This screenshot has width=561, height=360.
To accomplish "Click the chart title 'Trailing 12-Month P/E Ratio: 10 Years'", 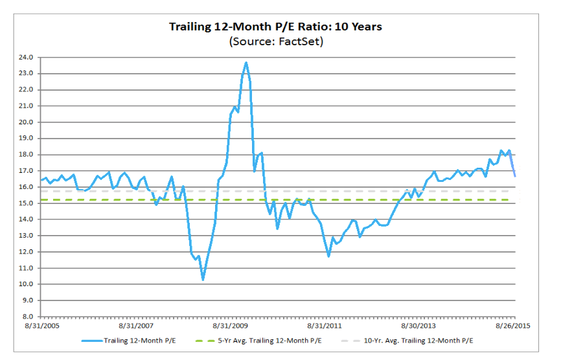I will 275,27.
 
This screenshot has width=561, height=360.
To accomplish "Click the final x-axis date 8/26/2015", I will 513,327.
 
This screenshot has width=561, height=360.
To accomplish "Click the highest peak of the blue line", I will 246,62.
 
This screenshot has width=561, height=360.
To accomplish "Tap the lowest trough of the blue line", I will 203,280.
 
